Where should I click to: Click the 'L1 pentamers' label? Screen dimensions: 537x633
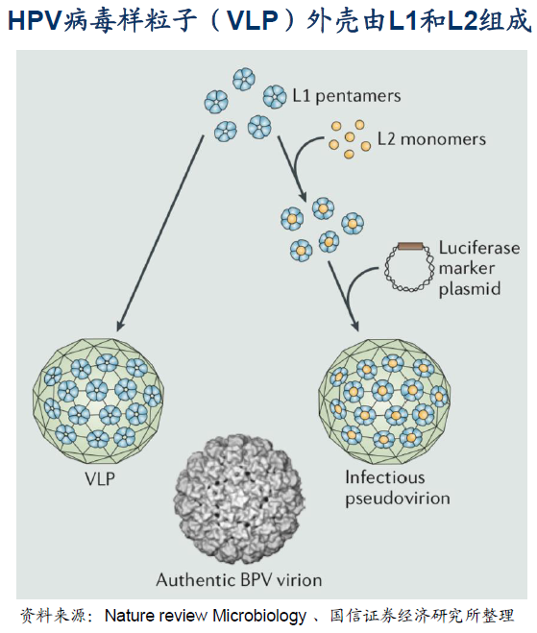347,96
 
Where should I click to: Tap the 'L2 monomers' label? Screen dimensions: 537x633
431,139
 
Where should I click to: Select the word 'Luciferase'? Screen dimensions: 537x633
479,248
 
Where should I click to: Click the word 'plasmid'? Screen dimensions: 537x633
470,289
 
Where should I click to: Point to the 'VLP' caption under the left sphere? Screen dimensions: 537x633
100,478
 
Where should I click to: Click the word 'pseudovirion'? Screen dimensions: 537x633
398,499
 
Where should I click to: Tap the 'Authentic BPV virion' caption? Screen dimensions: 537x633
239,580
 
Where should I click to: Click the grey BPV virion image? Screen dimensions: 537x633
239,499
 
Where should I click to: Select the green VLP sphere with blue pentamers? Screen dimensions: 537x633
98,401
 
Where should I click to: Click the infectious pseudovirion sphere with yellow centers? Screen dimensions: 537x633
384,402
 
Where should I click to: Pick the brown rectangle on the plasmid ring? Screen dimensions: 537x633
410,246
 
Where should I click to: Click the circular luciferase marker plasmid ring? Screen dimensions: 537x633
409,267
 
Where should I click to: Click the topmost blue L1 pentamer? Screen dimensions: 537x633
244,79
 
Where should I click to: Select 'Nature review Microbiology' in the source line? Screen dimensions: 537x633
206,616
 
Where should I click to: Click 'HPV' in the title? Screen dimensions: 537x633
36,20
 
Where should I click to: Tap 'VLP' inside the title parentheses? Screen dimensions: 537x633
253,20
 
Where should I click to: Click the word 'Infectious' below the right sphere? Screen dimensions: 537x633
385,477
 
